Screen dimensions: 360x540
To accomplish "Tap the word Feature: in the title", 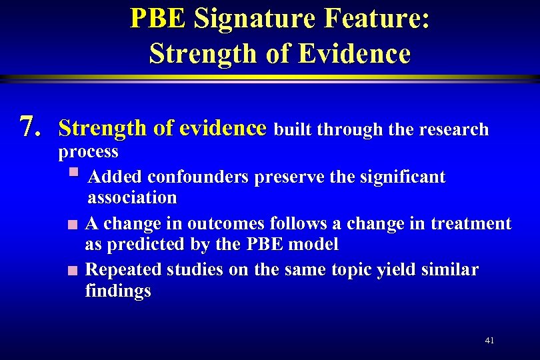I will [377, 19].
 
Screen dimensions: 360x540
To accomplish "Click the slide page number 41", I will [489, 340].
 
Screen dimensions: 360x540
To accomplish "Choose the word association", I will [132, 197].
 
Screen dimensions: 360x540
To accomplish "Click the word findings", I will [118, 291].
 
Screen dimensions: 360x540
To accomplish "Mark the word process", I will [88, 151].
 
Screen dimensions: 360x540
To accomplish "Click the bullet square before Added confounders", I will [73, 175].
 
